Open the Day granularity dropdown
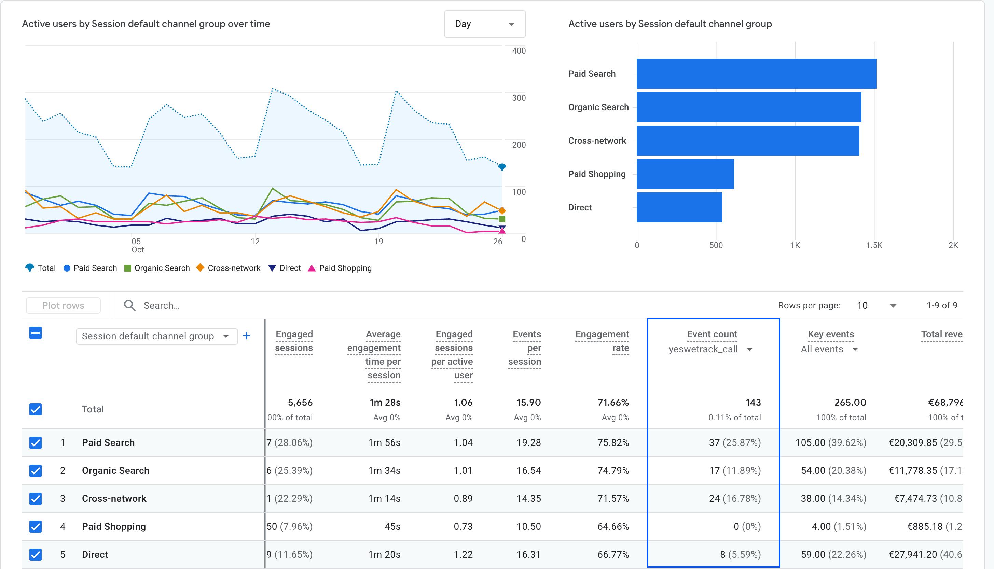click(484, 24)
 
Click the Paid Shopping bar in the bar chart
click(685, 174)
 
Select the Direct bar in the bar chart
click(679, 207)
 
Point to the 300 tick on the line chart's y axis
click(519, 98)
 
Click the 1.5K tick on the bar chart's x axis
click(874, 245)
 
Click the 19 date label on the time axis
click(378, 242)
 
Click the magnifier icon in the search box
click(129, 306)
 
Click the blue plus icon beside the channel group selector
click(246, 336)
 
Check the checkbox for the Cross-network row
click(36, 499)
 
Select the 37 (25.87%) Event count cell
click(734, 443)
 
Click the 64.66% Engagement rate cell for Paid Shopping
click(613, 527)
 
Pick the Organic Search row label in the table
click(115, 470)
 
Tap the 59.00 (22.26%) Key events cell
click(833, 555)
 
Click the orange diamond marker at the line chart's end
click(502, 211)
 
